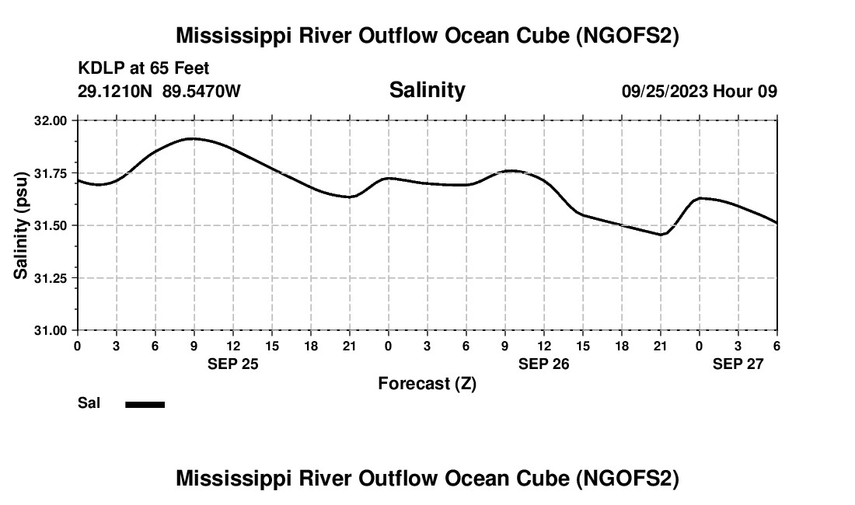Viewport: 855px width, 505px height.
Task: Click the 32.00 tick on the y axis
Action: [50, 120]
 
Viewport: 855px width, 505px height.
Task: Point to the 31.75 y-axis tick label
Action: [50, 173]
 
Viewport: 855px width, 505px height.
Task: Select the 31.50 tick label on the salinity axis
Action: [50, 225]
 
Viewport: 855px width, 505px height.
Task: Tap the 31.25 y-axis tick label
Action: [50, 278]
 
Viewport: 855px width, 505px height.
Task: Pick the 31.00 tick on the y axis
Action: [50, 330]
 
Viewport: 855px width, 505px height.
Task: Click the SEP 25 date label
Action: [232, 364]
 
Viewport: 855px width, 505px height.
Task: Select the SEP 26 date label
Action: [543, 364]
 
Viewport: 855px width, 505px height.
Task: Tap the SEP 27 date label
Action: [738, 364]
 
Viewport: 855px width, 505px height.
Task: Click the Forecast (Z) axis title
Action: [427, 383]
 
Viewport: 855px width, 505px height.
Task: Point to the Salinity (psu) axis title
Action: [21, 225]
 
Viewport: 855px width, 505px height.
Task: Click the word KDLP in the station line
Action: [96, 68]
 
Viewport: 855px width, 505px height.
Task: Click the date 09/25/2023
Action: [665, 91]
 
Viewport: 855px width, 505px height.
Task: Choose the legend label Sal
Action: [89, 403]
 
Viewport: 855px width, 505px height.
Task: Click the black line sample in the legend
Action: [145, 404]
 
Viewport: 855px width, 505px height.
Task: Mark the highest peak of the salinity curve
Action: [192, 138]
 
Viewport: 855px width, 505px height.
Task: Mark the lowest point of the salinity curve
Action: [661, 235]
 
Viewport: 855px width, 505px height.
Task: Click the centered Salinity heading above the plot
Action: [427, 90]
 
